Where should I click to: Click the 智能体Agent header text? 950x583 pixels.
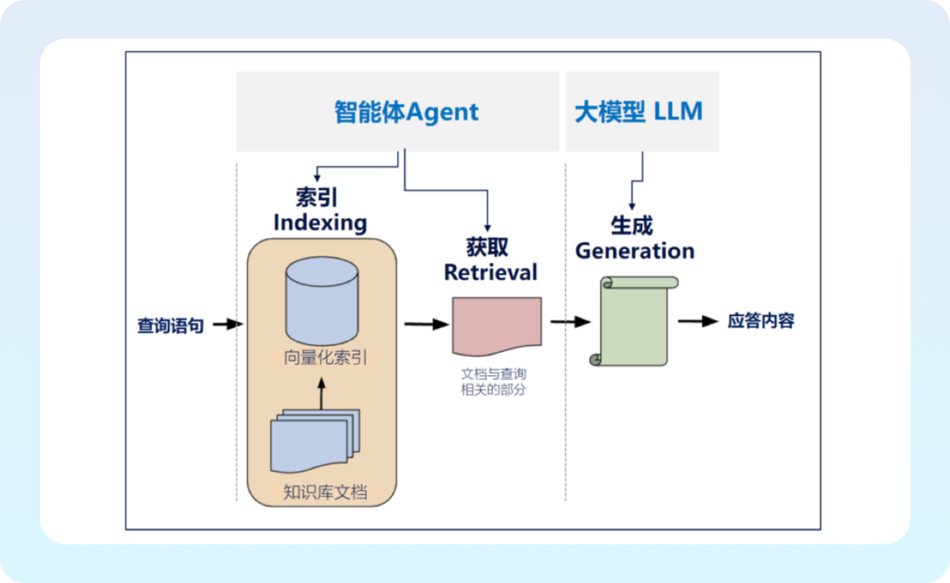pos(406,112)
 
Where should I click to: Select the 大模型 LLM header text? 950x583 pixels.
pos(638,112)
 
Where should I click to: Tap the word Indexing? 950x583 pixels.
pos(320,223)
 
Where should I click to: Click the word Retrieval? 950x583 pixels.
pos(490,272)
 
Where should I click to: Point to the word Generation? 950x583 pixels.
pos(635,251)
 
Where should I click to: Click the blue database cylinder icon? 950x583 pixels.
pos(322,301)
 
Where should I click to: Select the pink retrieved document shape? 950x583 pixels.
pos(497,325)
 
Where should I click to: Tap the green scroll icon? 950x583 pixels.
pos(634,321)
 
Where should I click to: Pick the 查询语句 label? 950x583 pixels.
pos(170,326)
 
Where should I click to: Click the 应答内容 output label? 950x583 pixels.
pos(761,321)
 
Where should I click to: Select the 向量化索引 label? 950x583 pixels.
pos(325,357)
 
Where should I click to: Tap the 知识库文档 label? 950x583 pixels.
pos(325,492)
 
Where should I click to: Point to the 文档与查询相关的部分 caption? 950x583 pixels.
pos(493,381)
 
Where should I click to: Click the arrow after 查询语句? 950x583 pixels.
pos(227,324)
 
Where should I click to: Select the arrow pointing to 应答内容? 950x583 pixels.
pos(697,321)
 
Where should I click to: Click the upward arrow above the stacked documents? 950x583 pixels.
pos(321,393)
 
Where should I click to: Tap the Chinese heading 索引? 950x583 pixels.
pos(316,197)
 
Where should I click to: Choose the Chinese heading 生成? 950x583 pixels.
pos(631,225)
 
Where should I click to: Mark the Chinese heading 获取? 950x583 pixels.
pos(487,247)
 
